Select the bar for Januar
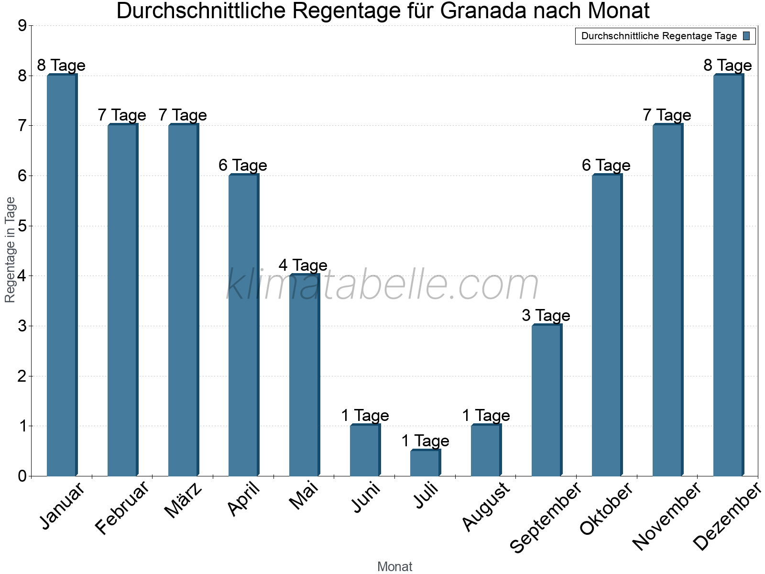(x=62, y=275)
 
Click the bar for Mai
(x=304, y=375)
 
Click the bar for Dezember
(x=728, y=275)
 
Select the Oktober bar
(x=607, y=325)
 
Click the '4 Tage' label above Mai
(x=303, y=265)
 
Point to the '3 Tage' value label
(x=546, y=315)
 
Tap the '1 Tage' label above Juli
(x=425, y=441)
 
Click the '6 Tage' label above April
(x=243, y=165)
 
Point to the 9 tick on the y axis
(x=22, y=26)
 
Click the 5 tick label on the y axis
(x=22, y=226)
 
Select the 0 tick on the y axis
(x=22, y=476)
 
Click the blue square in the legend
(x=746, y=36)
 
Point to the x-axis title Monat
(x=394, y=566)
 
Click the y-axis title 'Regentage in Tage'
(x=10, y=250)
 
